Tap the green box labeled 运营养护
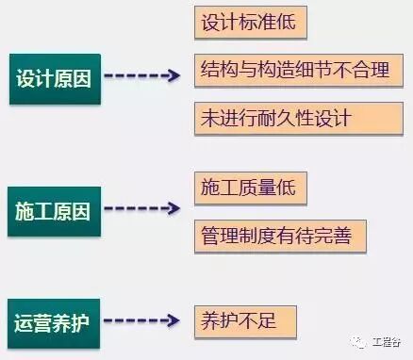click(x=54, y=319)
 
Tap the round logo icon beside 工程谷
click(x=361, y=341)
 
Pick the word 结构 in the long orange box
click(x=220, y=70)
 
